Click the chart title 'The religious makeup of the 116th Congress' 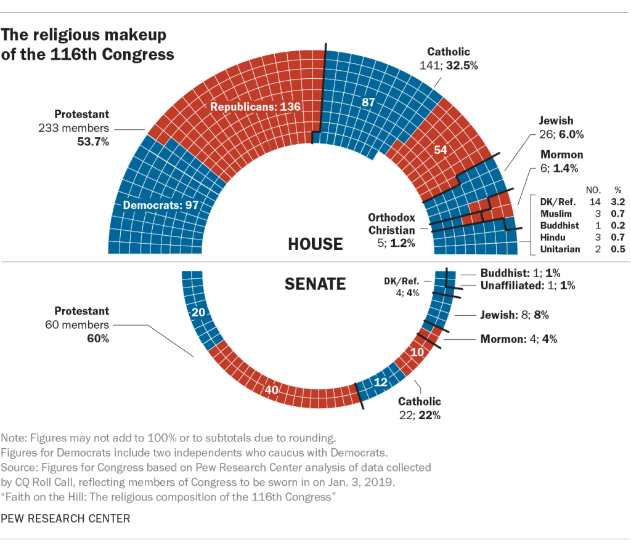point(88,44)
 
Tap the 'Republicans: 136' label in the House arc point(255,107)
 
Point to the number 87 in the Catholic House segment point(368,103)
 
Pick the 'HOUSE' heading point(315,244)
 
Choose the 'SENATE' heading point(315,284)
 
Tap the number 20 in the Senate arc point(198,313)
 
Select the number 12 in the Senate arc point(381,382)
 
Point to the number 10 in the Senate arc point(417,352)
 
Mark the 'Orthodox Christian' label point(391,223)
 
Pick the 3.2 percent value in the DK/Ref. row point(618,201)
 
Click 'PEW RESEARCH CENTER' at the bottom point(66,518)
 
